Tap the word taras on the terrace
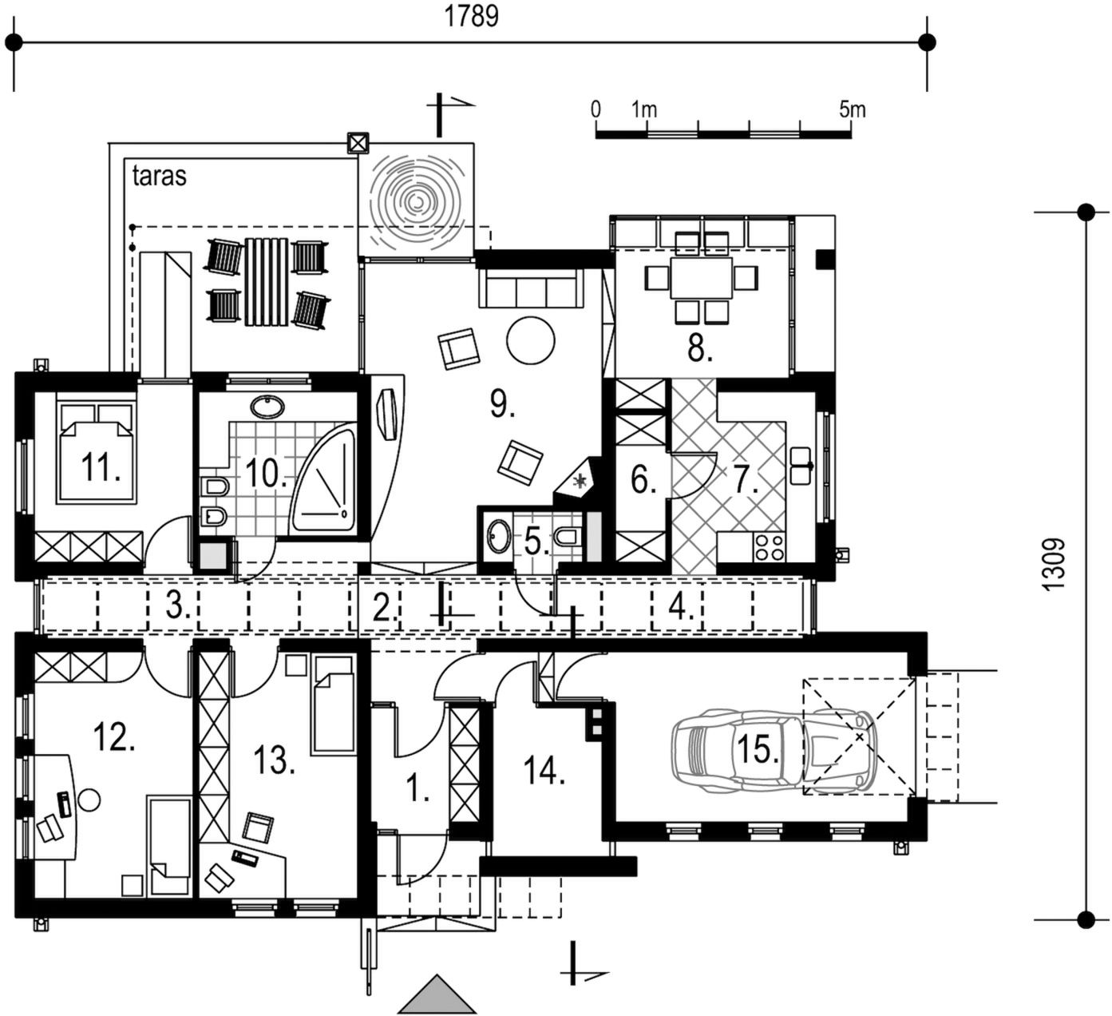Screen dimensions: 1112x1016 [159, 177]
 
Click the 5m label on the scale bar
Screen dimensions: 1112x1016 [852, 110]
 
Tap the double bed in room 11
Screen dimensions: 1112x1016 [97, 453]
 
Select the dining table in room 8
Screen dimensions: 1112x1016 [701, 277]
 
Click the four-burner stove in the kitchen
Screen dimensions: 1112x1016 [769, 546]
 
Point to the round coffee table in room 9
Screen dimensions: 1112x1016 [531, 340]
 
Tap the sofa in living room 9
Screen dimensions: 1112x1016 [531, 288]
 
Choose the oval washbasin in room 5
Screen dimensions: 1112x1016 [499, 536]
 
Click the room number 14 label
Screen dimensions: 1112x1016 [544, 772]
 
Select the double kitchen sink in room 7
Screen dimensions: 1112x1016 [801, 466]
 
